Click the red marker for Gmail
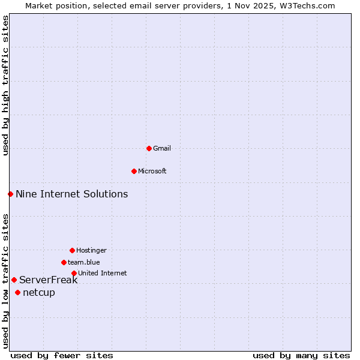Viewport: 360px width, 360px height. (x=149, y=148)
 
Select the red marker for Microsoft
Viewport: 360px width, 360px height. (x=134, y=171)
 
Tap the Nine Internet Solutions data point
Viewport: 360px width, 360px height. (x=10, y=194)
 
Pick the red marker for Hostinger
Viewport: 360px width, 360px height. (x=72, y=250)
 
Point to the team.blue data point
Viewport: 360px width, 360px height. (x=64, y=262)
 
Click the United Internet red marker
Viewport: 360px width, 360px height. (x=74, y=273)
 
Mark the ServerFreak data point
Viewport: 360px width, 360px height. (x=14, y=280)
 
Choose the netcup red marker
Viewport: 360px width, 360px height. (x=17, y=292)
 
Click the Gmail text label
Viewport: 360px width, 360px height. (x=162, y=148)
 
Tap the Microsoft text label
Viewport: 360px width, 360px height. (x=152, y=171)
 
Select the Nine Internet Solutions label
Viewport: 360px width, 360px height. (x=72, y=194)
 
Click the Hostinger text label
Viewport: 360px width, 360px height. (x=91, y=250)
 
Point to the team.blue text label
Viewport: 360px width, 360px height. (x=84, y=262)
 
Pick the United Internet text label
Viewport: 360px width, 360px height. (x=103, y=273)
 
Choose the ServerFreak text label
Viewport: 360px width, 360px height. (x=49, y=280)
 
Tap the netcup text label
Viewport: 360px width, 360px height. (x=39, y=292)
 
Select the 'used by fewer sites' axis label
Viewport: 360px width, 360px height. (x=62, y=355)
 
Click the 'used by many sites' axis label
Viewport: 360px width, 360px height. (x=301, y=355)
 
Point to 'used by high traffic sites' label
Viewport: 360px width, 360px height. (x=5, y=85)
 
